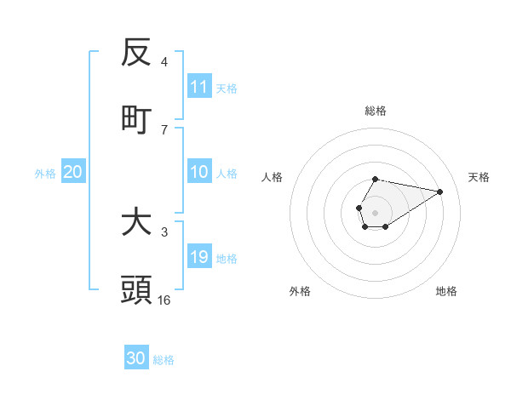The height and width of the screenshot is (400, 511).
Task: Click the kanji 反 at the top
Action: (x=136, y=53)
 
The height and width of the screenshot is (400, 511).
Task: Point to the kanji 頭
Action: (x=136, y=290)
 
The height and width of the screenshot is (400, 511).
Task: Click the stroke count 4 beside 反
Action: (x=164, y=61)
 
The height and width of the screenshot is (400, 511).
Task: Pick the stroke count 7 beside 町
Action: (x=164, y=129)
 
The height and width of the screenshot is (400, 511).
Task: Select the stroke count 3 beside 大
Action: (x=164, y=231)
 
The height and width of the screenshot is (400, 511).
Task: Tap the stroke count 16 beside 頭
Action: (x=164, y=300)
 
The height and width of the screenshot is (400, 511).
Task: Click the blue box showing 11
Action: (x=199, y=86)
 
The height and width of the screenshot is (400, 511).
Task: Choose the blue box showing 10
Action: (x=199, y=172)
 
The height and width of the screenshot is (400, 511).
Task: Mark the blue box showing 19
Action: (x=199, y=257)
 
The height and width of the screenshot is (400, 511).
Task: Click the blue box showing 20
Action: (x=73, y=172)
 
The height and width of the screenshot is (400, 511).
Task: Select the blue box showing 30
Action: (x=136, y=358)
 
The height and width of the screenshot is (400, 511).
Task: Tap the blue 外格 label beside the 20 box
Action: (x=45, y=173)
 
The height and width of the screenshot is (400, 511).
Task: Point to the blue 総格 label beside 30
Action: (x=164, y=360)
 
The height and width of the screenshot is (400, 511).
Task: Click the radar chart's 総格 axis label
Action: (x=375, y=111)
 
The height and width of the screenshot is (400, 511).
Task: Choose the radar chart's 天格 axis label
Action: (x=479, y=177)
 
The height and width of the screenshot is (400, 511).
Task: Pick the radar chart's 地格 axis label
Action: (x=446, y=291)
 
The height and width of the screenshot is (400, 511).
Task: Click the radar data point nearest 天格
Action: (x=440, y=191)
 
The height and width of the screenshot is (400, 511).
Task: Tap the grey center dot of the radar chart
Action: (x=375, y=212)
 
